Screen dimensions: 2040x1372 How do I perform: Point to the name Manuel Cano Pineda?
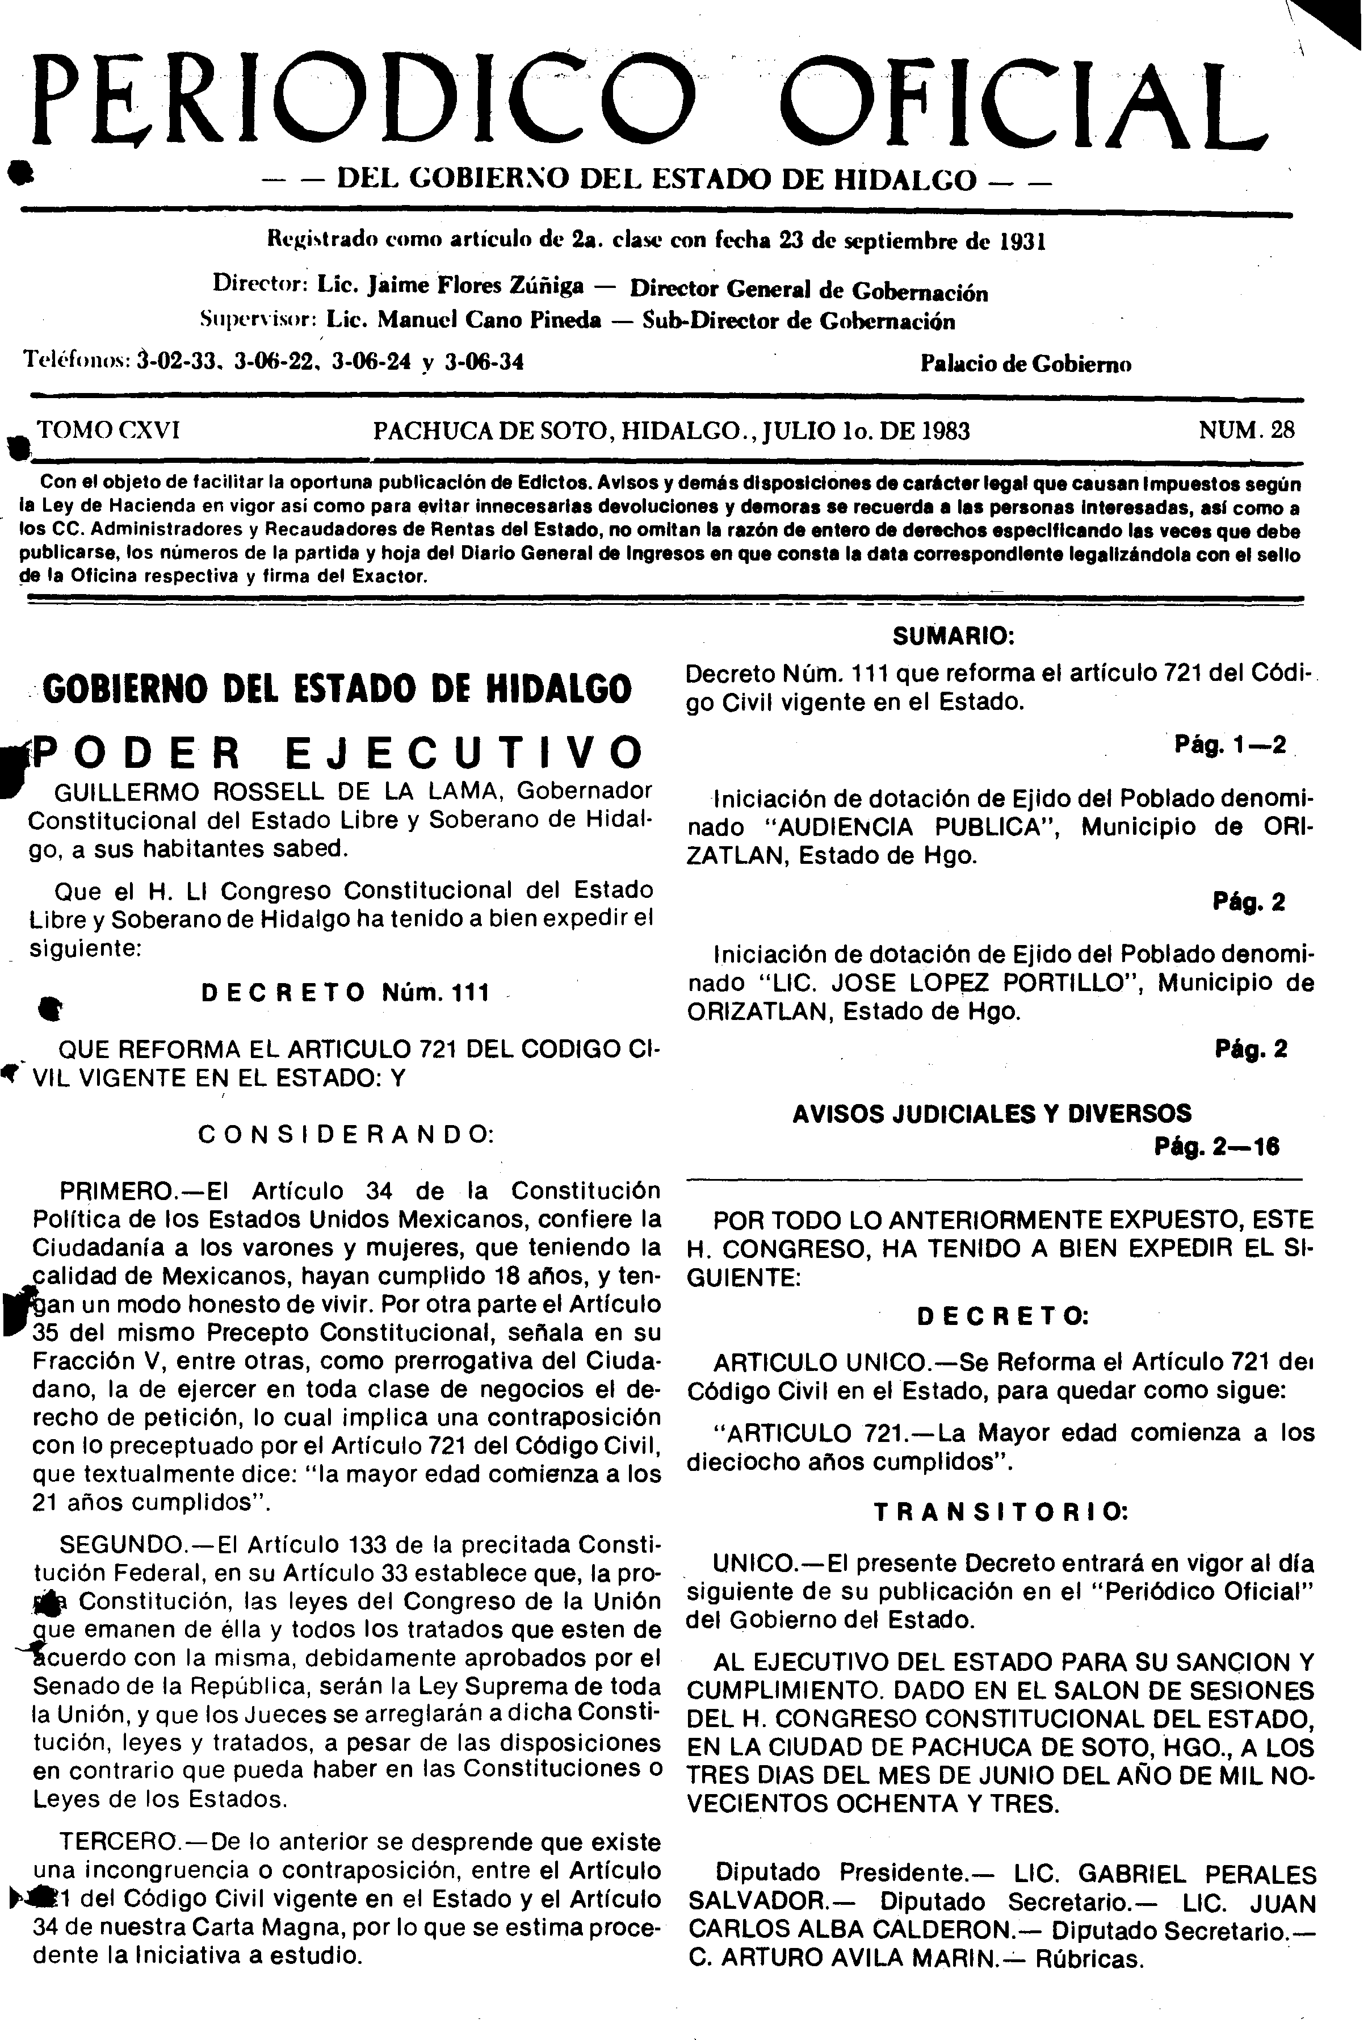click(x=489, y=320)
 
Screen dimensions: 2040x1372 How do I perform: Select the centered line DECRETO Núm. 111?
click(x=346, y=992)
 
